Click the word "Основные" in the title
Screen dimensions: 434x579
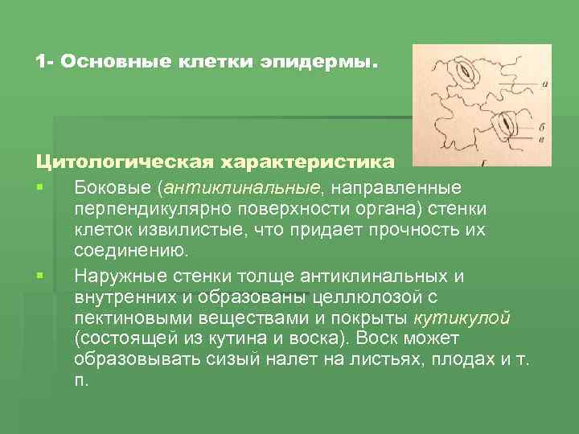pos(104,62)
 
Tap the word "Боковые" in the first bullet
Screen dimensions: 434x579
pos(112,187)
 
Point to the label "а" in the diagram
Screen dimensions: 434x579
pos(545,81)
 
